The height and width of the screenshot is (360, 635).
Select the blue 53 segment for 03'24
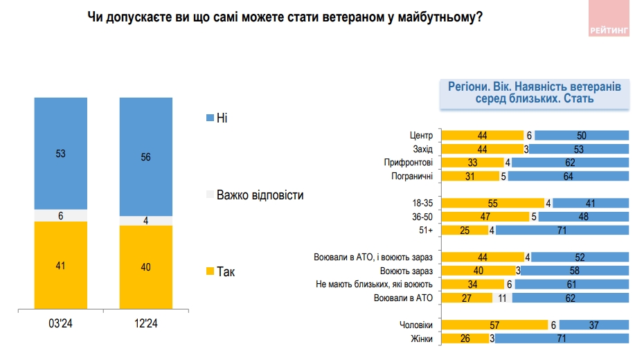pyautogui.click(x=61, y=153)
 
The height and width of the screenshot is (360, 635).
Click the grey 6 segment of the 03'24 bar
pyautogui.click(x=61, y=215)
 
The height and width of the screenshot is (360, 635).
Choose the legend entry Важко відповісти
pyautogui.click(x=260, y=195)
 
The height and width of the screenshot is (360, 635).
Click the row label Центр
pyautogui.click(x=421, y=136)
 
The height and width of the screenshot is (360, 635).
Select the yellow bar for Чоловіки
pyautogui.click(x=494, y=325)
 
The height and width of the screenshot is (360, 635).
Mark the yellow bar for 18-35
pyautogui.click(x=492, y=204)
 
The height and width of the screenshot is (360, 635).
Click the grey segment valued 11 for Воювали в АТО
pyautogui.click(x=503, y=298)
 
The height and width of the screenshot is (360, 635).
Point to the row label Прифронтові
pyautogui.click(x=408, y=163)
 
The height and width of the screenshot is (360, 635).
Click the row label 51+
pyautogui.click(x=424, y=231)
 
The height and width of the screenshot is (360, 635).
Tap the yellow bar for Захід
pyautogui.click(x=481, y=149)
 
